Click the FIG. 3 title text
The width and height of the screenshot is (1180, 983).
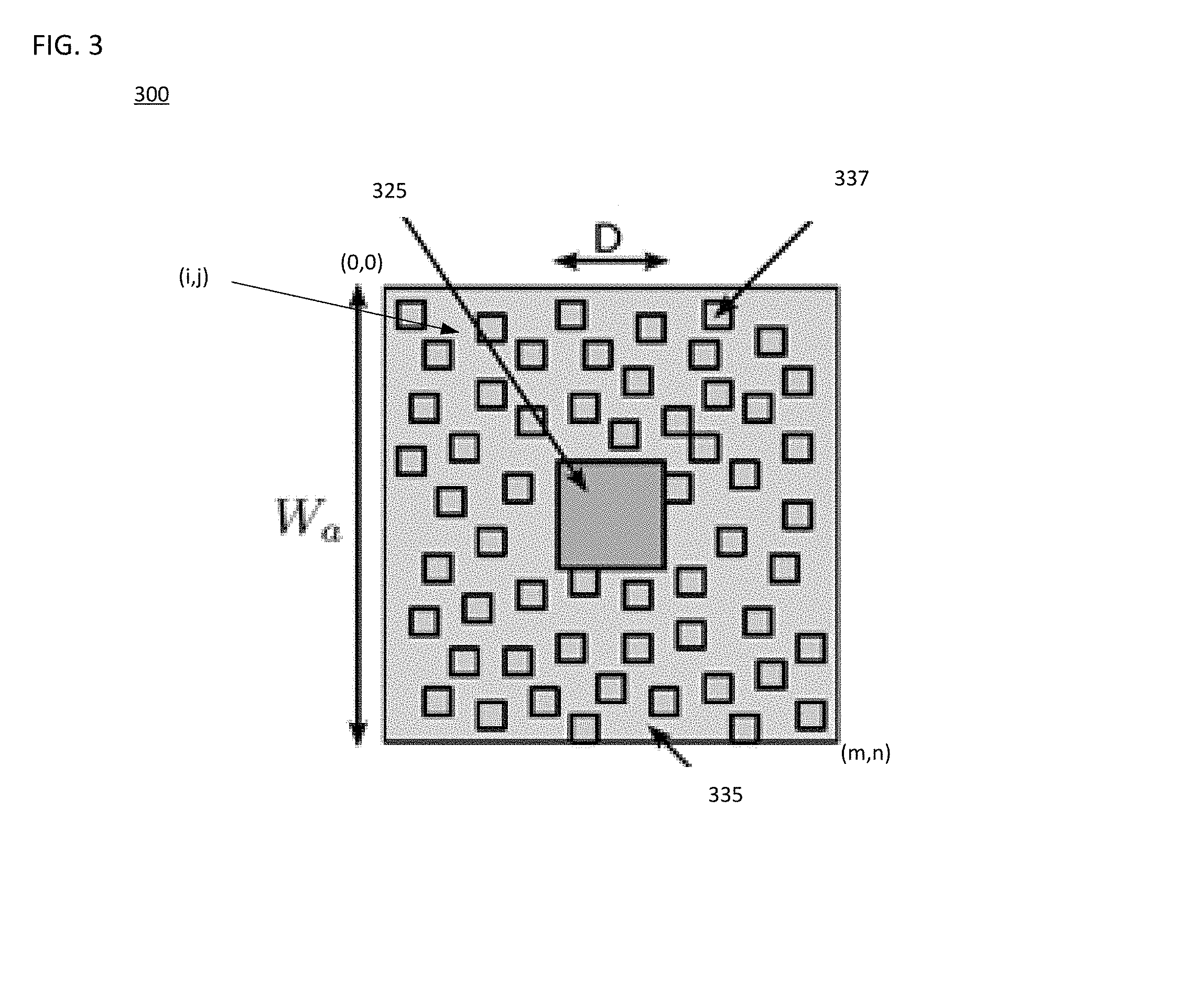click(68, 46)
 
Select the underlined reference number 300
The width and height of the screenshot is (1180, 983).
click(151, 94)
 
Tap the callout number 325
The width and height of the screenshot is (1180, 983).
click(389, 191)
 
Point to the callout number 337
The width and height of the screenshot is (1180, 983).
click(851, 178)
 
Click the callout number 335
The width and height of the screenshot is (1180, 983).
click(725, 795)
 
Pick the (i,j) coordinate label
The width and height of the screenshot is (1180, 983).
click(194, 276)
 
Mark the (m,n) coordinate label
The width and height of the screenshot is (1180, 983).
click(865, 753)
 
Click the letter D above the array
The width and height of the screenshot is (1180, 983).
click(608, 239)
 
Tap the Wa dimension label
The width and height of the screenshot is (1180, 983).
click(308, 518)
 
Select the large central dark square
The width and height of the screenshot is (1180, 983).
click(611, 514)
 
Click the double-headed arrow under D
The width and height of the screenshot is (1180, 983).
click(611, 261)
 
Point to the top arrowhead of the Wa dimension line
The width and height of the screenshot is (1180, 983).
click(359, 298)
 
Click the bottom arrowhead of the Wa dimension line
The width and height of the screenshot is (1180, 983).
click(359, 731)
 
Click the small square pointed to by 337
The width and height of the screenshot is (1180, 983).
click(718, 314)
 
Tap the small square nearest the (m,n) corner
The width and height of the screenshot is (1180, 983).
click(811, 716)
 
